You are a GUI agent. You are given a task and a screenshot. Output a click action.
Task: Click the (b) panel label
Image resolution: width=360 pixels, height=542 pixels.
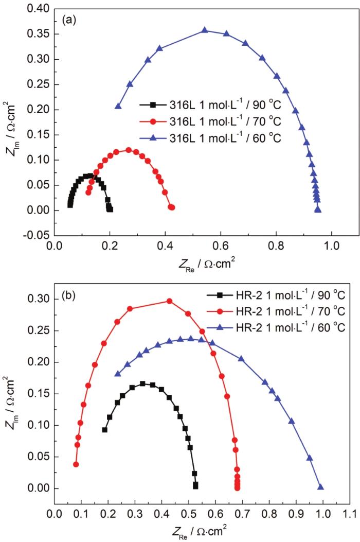[70, 297]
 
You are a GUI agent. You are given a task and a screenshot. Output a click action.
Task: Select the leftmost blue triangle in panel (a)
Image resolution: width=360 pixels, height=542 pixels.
[118, 107]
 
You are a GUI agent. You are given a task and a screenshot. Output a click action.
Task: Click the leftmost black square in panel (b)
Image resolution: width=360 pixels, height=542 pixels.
[105, 430]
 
